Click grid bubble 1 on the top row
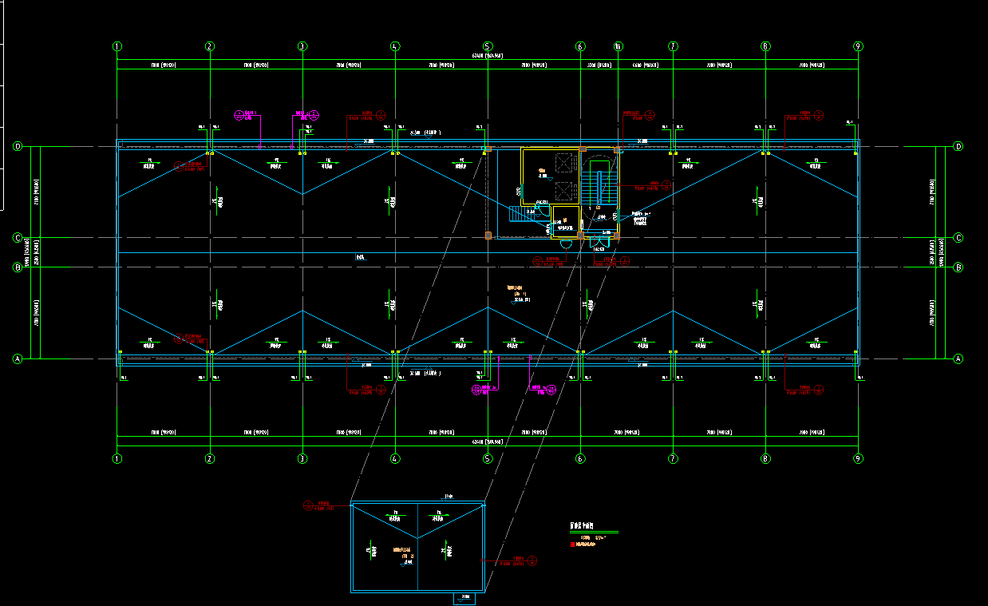tap(117, 46)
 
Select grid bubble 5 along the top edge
tap(488, 46)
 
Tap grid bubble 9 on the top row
tap(858, 46)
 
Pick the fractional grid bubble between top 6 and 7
tap(618, 46)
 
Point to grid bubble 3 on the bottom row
tap(302, 459)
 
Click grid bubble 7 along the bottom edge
tap(673, 459)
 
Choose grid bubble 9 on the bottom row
tap(858, 459)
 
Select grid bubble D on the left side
tap(17, 147)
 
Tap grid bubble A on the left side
tap(17, 359)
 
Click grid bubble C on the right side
tap(958, 238)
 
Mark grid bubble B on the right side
tap(958, 267)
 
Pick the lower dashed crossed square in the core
tap(564, 191)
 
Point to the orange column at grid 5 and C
tap(488, 235)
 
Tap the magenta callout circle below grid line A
tap(476, 389)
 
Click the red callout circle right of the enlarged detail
tap(533, 561)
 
